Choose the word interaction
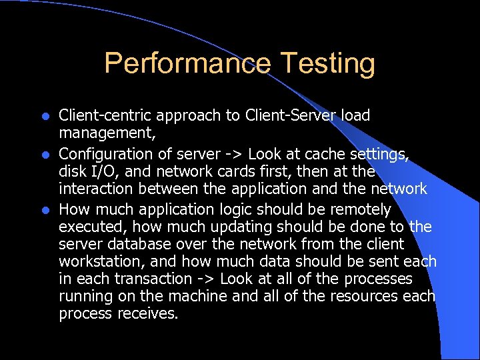pos(101,189)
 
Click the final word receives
pos(147,314)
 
